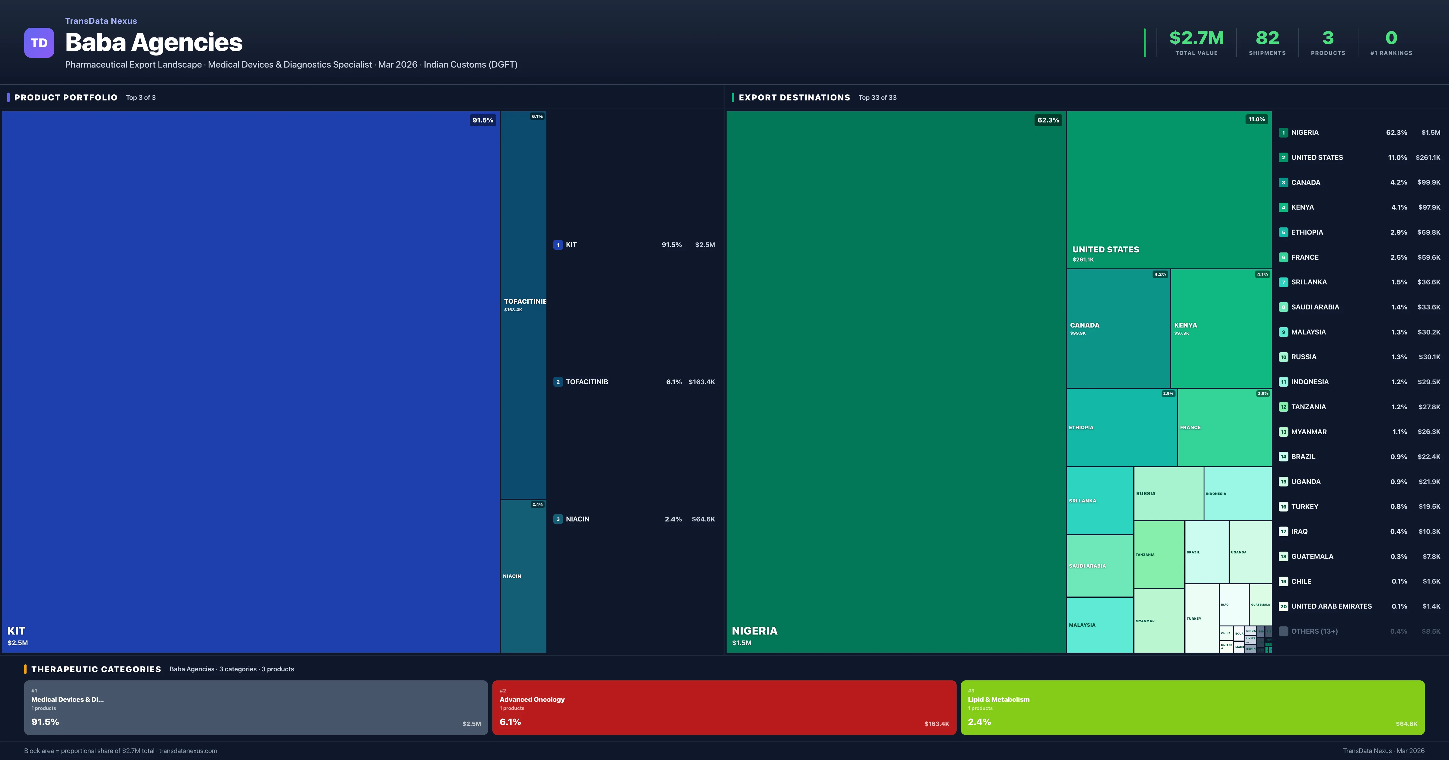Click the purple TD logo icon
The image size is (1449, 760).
tap(39, 43)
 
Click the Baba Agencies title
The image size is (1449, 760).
tap(154, 43)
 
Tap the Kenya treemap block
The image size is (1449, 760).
tap(1220, 328)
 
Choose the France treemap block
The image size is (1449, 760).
tap(1224, 427)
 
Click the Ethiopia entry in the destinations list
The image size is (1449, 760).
tap(1307, 232)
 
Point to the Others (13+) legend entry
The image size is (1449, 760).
tap(1314, 631)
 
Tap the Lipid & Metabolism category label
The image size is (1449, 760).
tap(998, 699)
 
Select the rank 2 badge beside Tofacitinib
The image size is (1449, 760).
tap(558, 382)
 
